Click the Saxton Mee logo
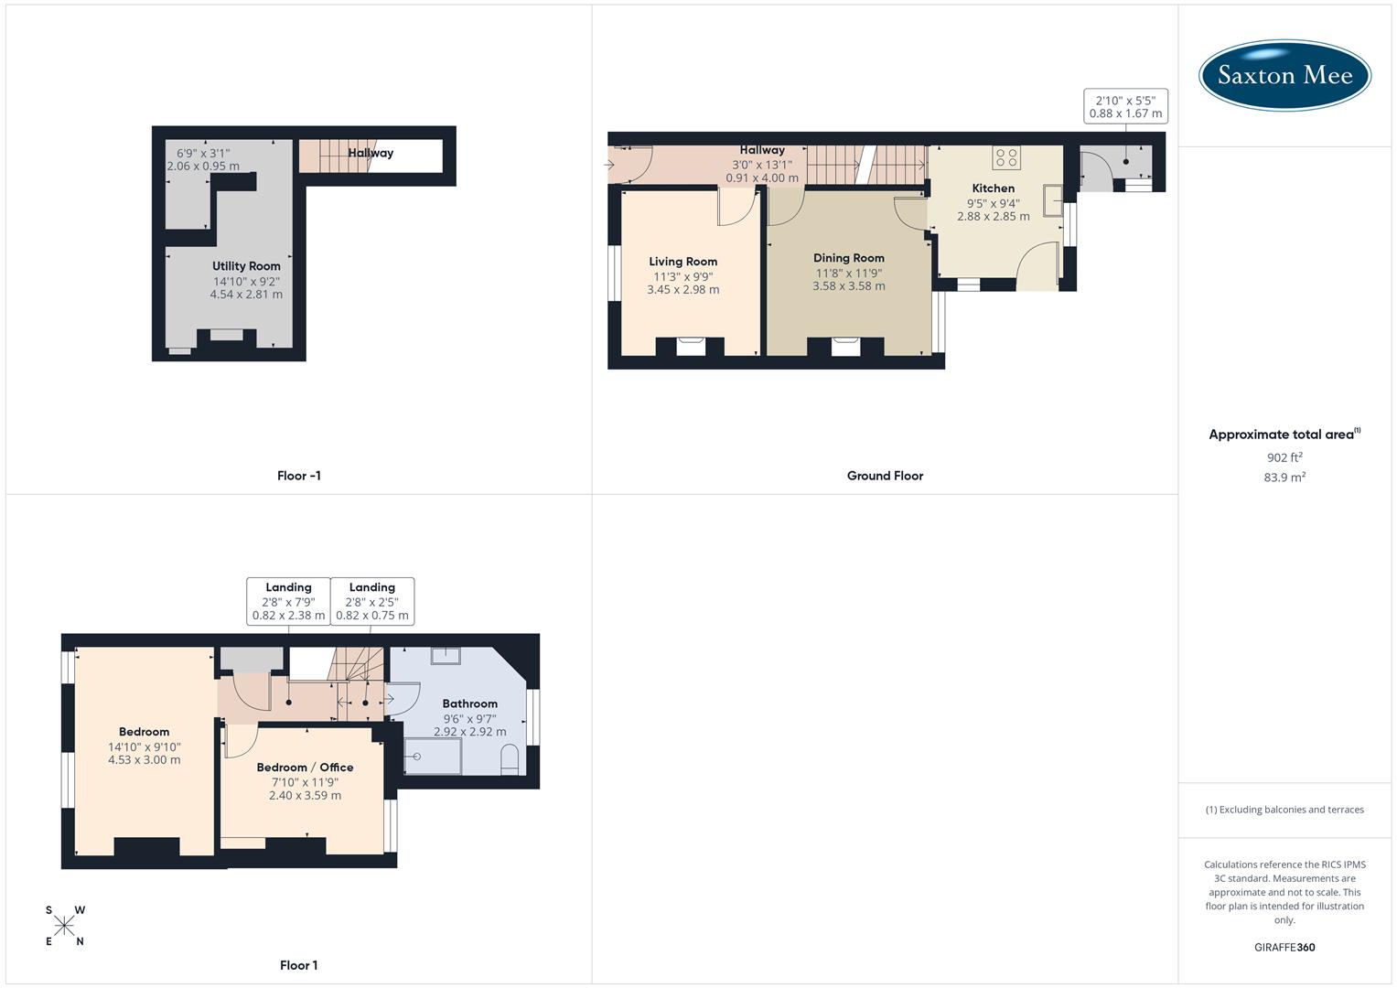pos(1284,75)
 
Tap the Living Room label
pos(683,262)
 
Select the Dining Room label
pos(849,258)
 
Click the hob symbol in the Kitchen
pos(1006,157)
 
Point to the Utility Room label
pos(246,266)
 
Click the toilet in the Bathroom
pos(510,759)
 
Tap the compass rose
pos(64,927)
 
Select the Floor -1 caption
pos(299,476)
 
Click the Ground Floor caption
pos(885,476)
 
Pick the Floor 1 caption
pos(299,965)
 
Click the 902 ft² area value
pos(1284,457)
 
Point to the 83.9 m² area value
pos(1284,478)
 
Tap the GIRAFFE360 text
pos(1284,948)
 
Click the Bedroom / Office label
pos(305,768)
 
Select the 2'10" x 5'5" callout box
pos(1125,107)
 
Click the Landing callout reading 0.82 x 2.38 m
pos(288,602)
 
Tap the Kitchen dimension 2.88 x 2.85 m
pos(994,217)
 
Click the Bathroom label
pos(470,704)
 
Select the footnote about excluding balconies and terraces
pos(1284,810)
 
